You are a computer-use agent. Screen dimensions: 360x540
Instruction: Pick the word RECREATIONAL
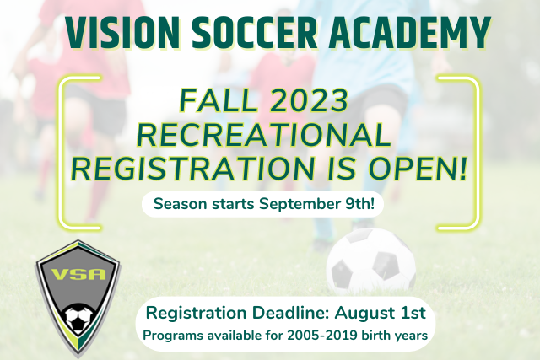tap(264, 135)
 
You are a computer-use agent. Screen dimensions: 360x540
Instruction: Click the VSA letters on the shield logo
tap(78, 275)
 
